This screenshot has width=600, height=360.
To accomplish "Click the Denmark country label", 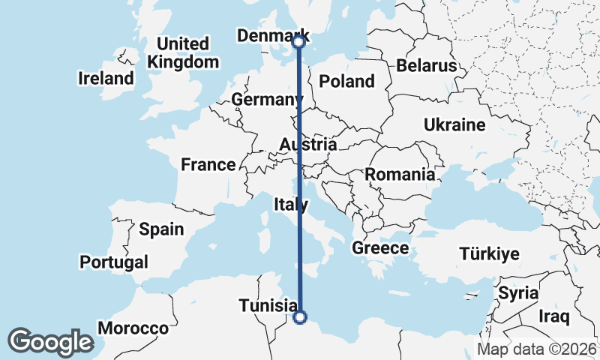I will (x=272, y=36).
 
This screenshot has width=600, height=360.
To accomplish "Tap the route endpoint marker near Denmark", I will (x=298, y=42).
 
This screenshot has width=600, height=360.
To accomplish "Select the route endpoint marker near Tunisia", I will (x=299, y=317).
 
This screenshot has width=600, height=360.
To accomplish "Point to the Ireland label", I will (x=106, y=78).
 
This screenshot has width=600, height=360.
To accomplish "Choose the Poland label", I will (x=346, y=81).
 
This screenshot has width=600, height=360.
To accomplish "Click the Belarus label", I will (x=426, y=66).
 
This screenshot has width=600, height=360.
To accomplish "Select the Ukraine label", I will (x=454, y=124).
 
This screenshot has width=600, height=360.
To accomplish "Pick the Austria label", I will (x=307, y=144).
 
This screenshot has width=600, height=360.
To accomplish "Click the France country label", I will (x=208, y=164).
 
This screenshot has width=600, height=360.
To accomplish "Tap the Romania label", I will (x=400, y=175).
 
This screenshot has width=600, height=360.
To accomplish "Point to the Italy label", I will (x=291, y=204).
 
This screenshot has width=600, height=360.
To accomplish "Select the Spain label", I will (x=161, y=229).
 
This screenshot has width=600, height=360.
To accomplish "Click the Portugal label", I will (x=113, y=262).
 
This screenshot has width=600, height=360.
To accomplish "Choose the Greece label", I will (x=380, y=248).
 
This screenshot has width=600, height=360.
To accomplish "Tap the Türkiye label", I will (x=489, y=254).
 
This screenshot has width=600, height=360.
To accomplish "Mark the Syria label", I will (x=518, y=292).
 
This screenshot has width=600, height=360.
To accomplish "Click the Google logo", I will (x=50, y=341).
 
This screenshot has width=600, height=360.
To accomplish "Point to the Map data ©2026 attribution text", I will (x=537, y=349).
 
